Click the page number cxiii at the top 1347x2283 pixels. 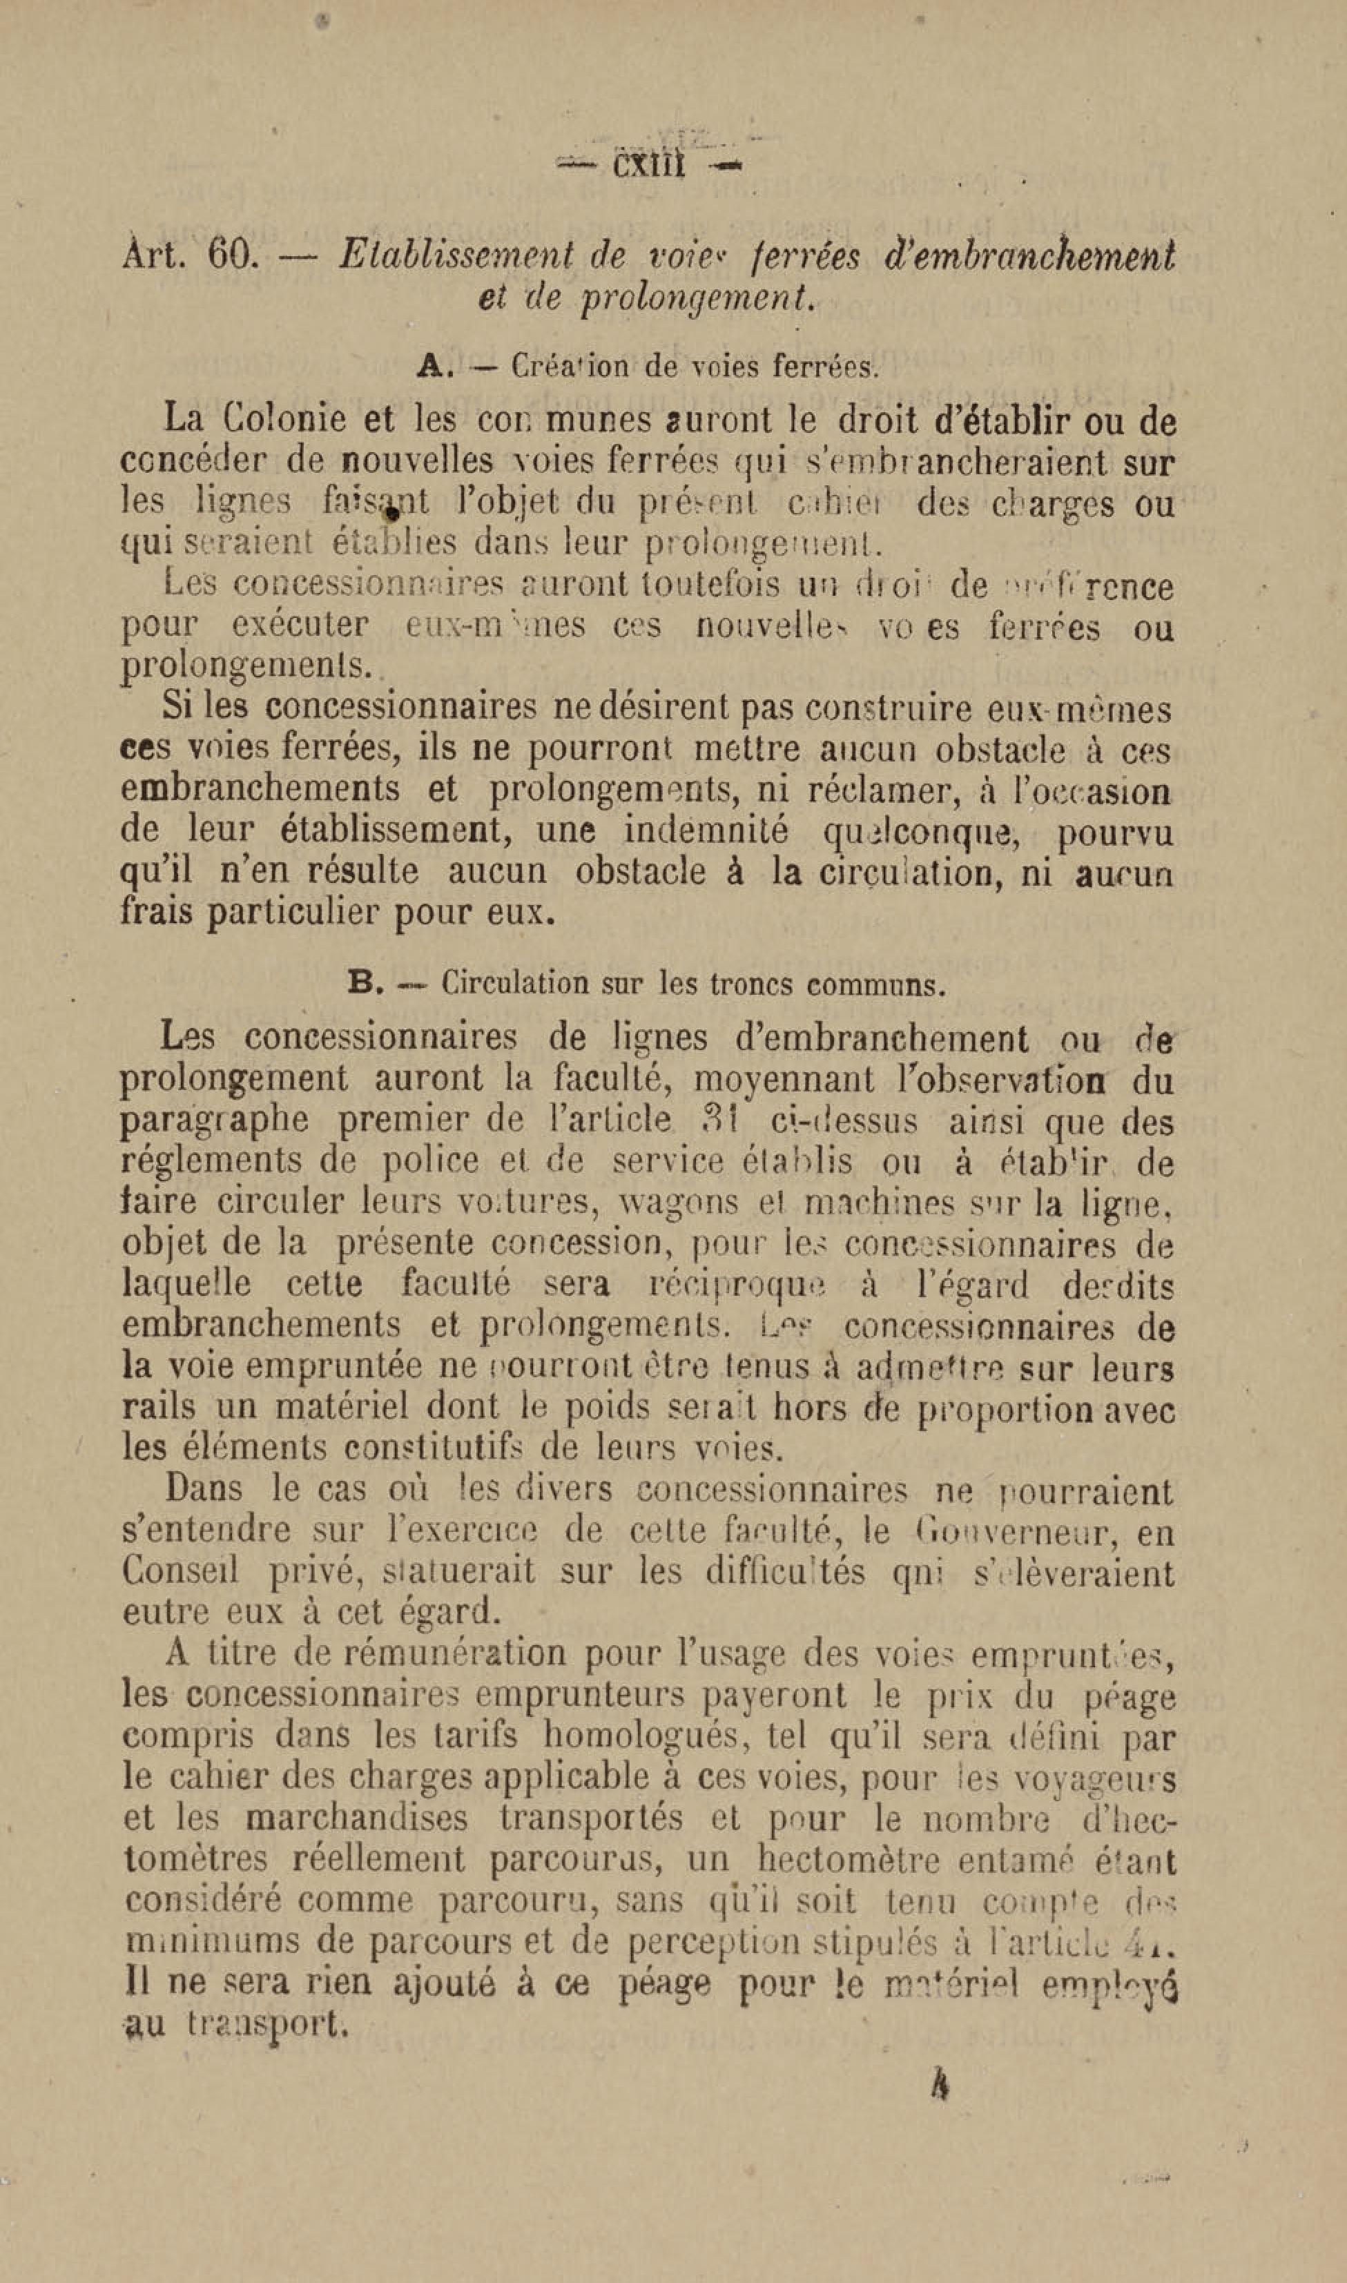point(648,166)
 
